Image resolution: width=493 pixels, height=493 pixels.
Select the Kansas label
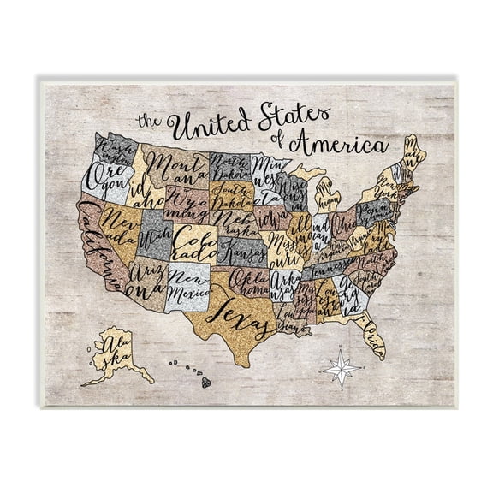click(243, 252)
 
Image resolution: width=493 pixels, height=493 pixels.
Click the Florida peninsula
click(371, 334)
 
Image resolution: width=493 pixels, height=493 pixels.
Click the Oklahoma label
click(249, 282)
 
